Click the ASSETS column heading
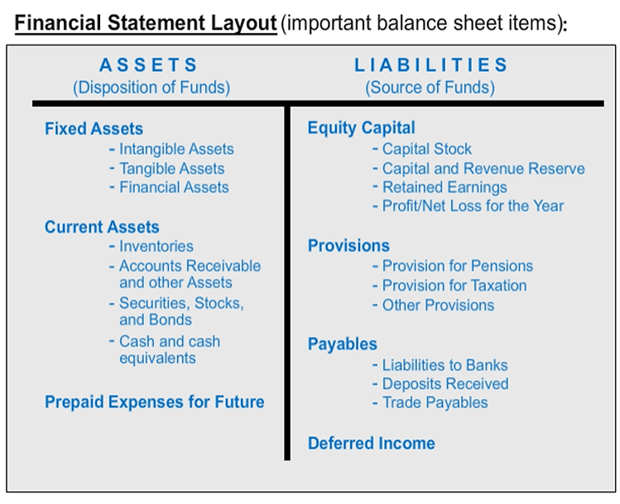pyautogui.click(x=148, y=65)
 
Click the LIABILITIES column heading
pyautogui.click(x=430, y=65)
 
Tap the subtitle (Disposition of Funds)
pyautogui.click(x=151, y=88)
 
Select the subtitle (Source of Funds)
pyautogui.click(x=430, y=88)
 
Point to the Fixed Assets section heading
pyautogui.click(x=94, y=129)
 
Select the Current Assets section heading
pyautogui.click(x=102, y=228)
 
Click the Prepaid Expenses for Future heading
pyautogui.click(x=154, y=402)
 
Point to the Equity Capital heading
pyautogui.click(x=362, y=128)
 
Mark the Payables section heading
pyautogui.click(x=343, y=344)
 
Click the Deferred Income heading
pyautogui.click(x=372, y=444)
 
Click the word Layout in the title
pyautogui.click(x=243, y=23)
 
